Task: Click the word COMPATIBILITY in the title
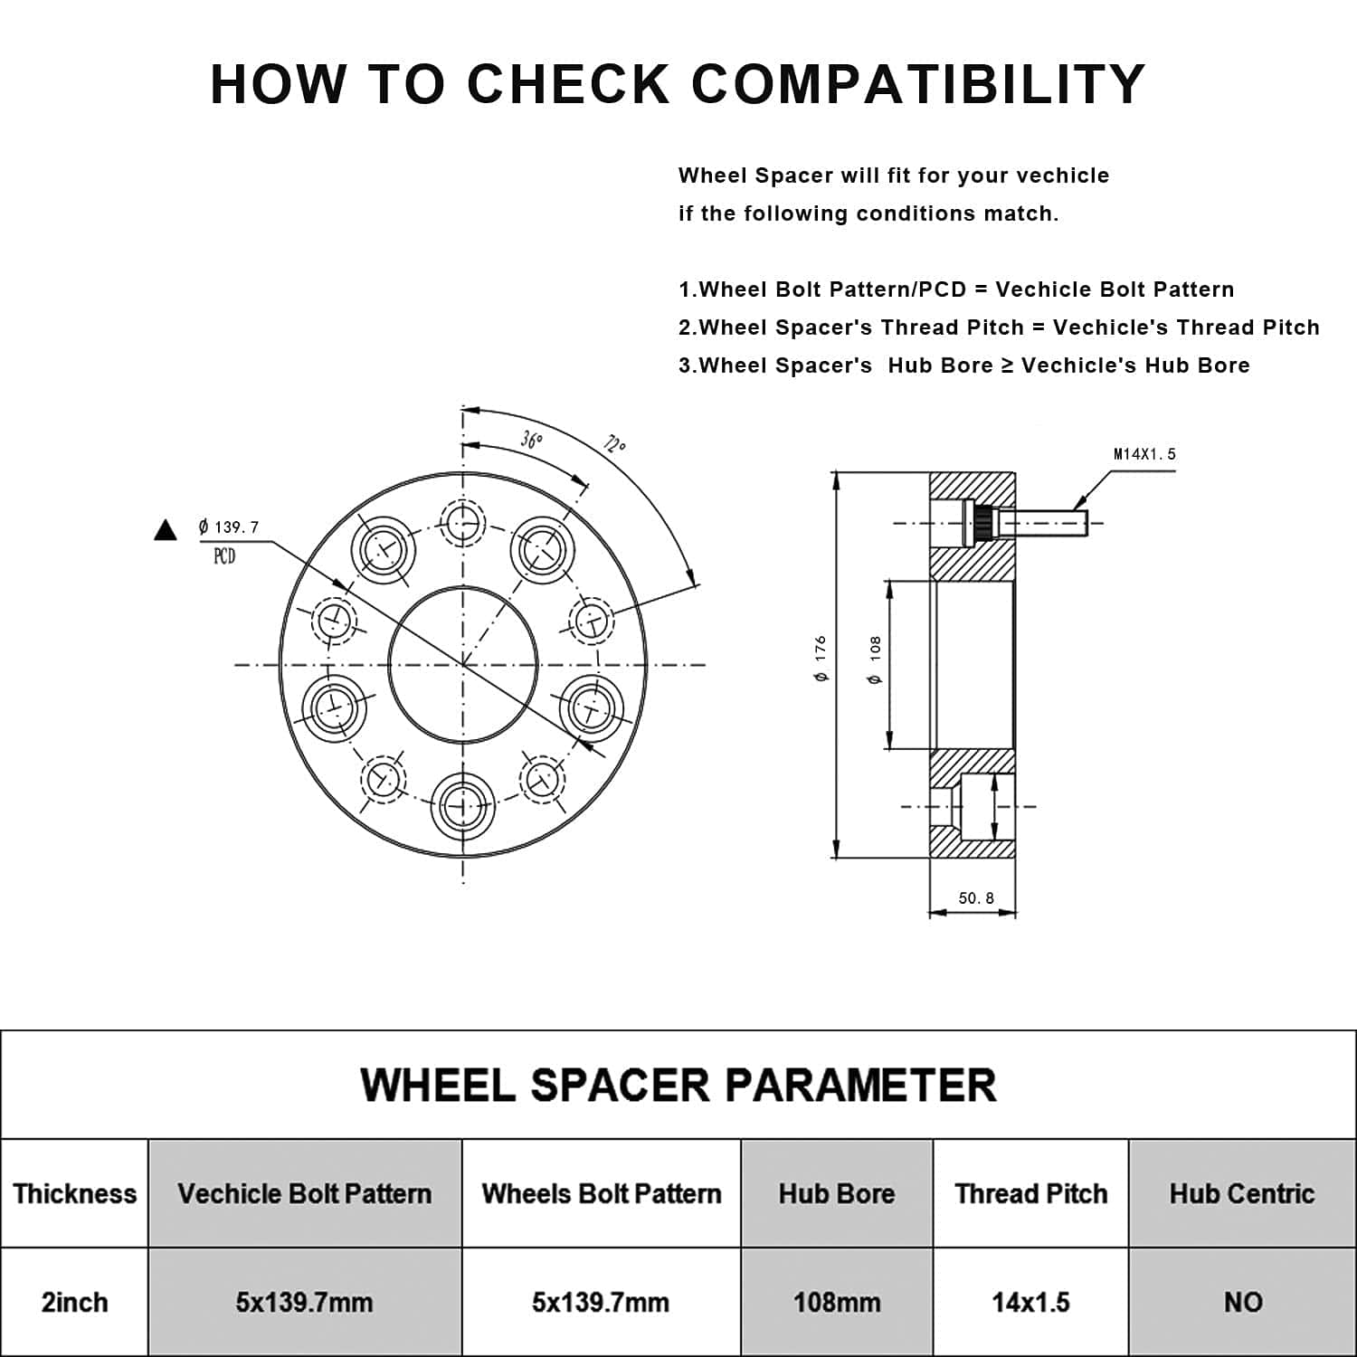click(x=918, y=84)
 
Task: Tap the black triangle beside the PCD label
click(x=166, y=530)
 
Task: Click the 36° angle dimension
click(x=532, y=440)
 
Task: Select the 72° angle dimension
click(x=614, y=444)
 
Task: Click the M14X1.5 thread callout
click(x=1144, y=454)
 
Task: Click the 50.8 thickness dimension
click(x=976, y=898)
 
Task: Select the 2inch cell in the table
click(x=74, y=1302)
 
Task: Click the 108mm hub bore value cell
click(x=837, y=1302)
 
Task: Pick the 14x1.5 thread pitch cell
click(x=1030, y=1302)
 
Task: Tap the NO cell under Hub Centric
click(x=1242, y=1302)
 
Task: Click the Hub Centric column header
click(x=1242, y=1193)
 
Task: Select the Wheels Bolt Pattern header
click(x=602, y=1193)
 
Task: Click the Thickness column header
click(x=74, y=1193)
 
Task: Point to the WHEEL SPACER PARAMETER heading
click(x=678, y=1085)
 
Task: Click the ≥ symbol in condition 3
click(x=1007, y=365)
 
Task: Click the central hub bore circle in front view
click(x=463, y=665)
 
